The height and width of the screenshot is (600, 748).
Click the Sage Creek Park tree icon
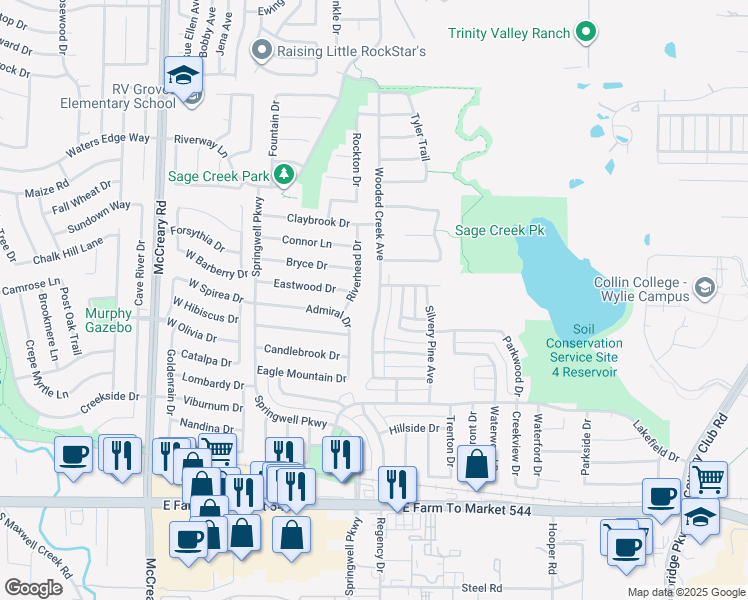(285, 175)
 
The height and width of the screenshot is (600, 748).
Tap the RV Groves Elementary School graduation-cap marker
(184, 77)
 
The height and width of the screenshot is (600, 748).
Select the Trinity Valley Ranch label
(508, 33)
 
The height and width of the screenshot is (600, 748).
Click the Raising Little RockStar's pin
(263, 50)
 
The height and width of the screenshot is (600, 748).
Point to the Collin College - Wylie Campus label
(640, 288)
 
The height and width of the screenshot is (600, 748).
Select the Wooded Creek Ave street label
(379, 215)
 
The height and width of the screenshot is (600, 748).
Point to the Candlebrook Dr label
(301, 353)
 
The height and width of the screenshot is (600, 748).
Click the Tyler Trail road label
(420, 137)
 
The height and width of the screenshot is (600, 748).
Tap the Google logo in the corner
(34, 588)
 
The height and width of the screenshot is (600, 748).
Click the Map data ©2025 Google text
(685, 592)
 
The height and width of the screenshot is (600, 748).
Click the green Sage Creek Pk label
(499, 230)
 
